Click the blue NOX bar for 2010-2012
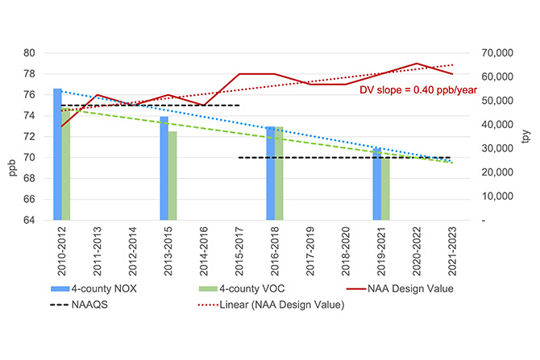(57, 153)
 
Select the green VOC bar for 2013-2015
(172, 175)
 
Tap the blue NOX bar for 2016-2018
(270, 172)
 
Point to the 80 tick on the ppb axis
(30, 53)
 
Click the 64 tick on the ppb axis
(30, 220)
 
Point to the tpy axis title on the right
(526, 136)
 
